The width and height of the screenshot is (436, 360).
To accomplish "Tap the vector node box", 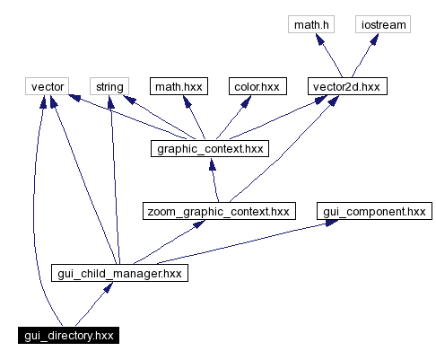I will [x=48, y=86].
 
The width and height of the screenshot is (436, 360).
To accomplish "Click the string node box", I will [x=109, y=86].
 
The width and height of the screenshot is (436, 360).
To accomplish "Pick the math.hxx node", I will [x=179, y=86].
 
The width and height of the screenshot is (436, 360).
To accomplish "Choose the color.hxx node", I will [x=256, y=86].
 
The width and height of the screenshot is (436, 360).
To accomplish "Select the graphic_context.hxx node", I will [x=211, y=148].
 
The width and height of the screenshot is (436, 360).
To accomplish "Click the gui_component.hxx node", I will [x=373, y=211].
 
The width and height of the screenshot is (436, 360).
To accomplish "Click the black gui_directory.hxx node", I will [x=70, y=335].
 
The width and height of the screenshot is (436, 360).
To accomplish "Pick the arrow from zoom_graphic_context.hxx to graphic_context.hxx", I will [x=214, y=180].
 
